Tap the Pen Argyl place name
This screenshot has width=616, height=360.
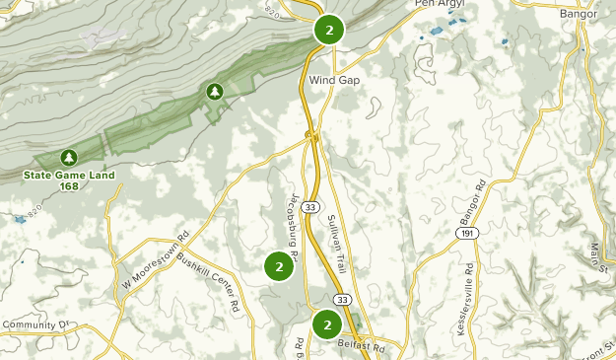pos(439,4)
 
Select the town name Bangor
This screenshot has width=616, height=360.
pos(579,15)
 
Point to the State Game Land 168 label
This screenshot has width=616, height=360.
pos(70,180)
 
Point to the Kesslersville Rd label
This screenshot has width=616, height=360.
pos(466,299)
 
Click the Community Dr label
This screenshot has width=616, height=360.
pos(37,324)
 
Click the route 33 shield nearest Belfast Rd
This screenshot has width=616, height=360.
pos(341,299)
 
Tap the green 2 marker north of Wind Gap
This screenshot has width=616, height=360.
pos(329,30)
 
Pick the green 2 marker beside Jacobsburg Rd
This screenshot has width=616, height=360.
pos(280,266)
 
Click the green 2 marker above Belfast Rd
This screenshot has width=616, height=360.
pos(326,324)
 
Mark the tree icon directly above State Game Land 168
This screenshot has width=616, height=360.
pos(68,157)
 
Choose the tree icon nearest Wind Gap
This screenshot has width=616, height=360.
pos(214,92)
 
